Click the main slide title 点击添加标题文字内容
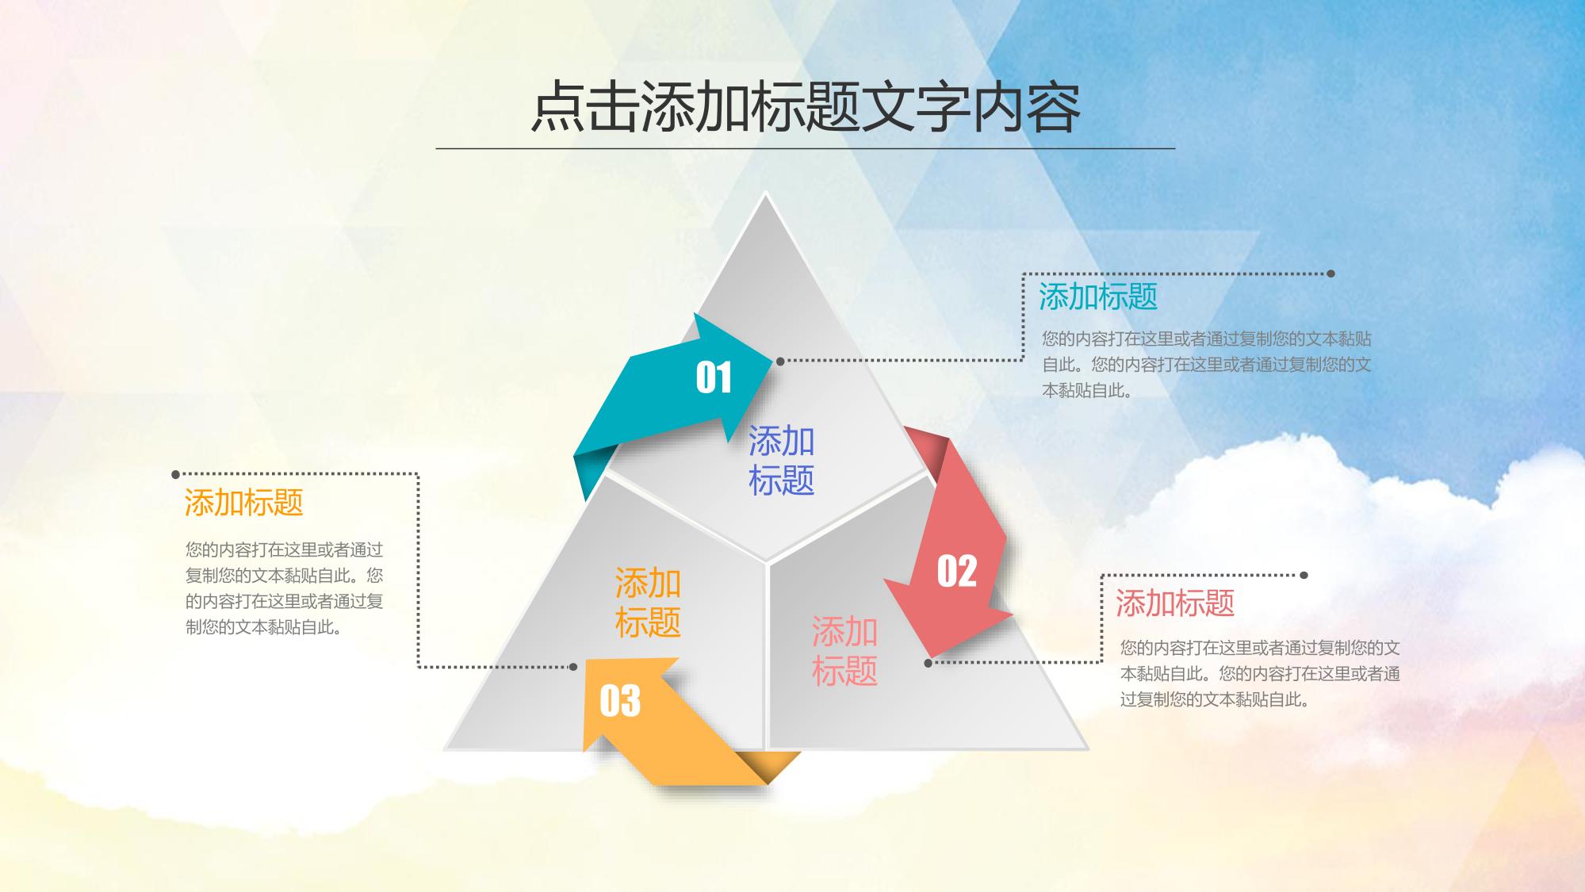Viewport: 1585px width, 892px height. [x=806, y=107]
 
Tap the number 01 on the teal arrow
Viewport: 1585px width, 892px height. [x=714, y=377]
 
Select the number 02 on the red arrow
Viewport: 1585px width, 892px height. [x=957, y=571]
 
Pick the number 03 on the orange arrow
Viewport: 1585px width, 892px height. [x=620, y=701]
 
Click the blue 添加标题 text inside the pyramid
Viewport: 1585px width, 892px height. [x=782, y=461]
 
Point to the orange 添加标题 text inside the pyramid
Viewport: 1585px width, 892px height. [x=649, y=603]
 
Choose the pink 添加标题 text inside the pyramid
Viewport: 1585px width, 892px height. [x=845, y=651]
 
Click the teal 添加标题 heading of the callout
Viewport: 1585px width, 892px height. [x=1098, y=297]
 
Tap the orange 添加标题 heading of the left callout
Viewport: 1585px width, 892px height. [x=244, y=503]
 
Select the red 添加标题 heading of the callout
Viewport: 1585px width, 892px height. [x=1175, y=603]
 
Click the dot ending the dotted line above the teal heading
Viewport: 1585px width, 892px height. [x=1331, y=274]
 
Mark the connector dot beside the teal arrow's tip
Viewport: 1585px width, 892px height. [x=780, y=361]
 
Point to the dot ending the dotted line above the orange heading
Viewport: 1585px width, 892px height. [x=176, y=475]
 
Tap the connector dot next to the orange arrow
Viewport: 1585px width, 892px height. [x=574, y=667]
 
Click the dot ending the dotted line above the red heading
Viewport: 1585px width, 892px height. [x=1304, y=575]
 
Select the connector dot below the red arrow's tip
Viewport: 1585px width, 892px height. [x=928, y=663]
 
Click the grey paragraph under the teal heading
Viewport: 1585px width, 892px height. [x=1207, y=365]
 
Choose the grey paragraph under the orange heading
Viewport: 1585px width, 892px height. [x=285, y=588]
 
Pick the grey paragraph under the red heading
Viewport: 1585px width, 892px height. [x=1260, y=674]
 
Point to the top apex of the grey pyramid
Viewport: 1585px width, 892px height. [x=765, y=193]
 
